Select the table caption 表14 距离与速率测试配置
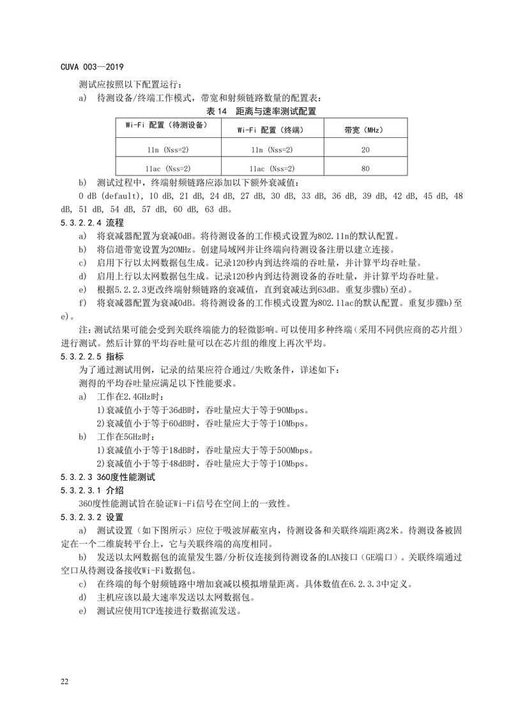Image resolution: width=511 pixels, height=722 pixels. [261, 110]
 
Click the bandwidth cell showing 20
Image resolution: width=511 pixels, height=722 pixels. [366, 149]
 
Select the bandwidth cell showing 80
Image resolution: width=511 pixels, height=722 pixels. [366, 169]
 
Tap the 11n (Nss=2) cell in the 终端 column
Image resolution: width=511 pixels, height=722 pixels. [271, 149]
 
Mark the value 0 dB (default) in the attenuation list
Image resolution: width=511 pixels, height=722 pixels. [108, 195]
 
